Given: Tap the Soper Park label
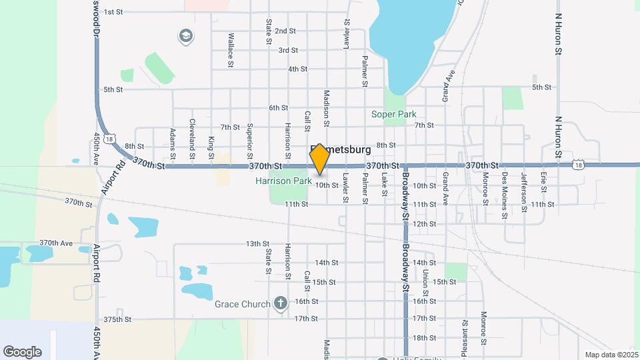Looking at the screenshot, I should [393, 114].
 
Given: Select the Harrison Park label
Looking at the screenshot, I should [283, 181].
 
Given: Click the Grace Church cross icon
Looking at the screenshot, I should [281, 304].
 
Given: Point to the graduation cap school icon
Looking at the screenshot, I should [186, 35].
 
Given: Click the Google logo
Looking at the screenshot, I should [22, 352].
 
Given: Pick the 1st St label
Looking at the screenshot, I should [113, 12].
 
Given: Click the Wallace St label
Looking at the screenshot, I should [231, 50].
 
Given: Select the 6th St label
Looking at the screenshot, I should [278, 107].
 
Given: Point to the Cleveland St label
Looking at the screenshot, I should [192, 133].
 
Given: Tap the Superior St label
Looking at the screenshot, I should [249, 135].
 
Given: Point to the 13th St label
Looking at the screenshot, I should [257, 244].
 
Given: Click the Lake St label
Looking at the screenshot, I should [385, 185].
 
